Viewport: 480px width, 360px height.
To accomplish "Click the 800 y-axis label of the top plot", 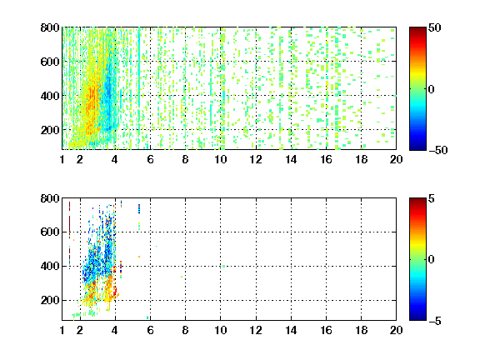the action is [50, 27].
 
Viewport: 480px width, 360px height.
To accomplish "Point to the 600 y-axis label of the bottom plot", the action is [50, 232].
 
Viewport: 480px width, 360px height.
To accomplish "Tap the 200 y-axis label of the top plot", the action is [50, 130].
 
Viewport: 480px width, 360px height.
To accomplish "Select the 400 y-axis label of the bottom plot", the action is [50, 267].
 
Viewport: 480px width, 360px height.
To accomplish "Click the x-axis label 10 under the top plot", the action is [220, 159].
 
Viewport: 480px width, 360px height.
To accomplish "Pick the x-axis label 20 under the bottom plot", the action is [396, 330].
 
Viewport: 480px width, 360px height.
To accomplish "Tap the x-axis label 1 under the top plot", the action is [62, 159].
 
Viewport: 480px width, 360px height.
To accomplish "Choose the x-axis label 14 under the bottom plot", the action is [291, 330].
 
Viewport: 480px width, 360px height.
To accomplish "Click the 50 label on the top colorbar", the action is [435, 27].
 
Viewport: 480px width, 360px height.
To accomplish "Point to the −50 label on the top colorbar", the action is [438, 150].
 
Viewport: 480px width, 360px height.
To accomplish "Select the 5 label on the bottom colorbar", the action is [432, 198].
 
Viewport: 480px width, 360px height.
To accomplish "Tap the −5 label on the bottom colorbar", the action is [435, 321].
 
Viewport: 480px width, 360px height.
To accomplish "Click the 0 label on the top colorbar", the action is [432, 89].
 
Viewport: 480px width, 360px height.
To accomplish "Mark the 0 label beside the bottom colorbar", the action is [432, 260].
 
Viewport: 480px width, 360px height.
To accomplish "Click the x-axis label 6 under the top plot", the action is [150, 159].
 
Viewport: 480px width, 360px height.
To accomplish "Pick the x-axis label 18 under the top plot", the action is [361, 159].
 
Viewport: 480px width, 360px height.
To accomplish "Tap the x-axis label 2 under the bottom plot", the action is [80, 330].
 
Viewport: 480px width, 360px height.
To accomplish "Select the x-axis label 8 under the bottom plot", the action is [186, 330].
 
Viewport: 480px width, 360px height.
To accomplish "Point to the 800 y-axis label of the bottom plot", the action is [50, 198].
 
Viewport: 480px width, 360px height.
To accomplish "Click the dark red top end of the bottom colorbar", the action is [417, 201].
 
